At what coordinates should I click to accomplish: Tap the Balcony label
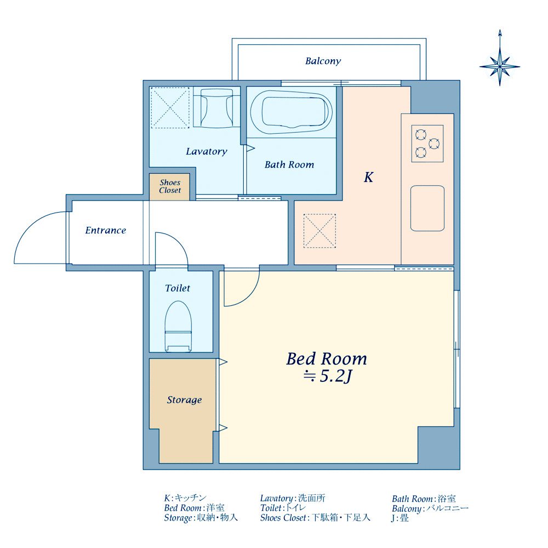click(x=323, y=61)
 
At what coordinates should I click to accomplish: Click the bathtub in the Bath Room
click(x=292, y=112)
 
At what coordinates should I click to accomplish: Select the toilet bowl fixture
click(x=178, y=326)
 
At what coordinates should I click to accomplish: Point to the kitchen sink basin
click(x=427, y=208)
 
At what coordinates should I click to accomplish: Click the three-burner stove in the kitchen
click(x=427, y=143)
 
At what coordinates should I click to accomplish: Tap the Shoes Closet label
click(x=170, y=186)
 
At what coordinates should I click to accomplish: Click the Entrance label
click(x=106, y=230)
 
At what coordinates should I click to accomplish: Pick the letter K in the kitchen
click(x=368, y=177)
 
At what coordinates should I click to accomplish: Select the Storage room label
click(x=184, y=400)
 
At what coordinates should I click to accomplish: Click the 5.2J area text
click(x=328, y=376)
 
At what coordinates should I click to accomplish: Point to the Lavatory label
click(x=207, y=151)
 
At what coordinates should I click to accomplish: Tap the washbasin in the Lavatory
click(x=216, y=107)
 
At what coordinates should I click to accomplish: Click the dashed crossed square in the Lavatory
click(x=170, y=107)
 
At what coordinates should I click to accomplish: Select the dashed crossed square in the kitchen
click(x=319, y=231)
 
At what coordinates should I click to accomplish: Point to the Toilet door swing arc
click(x=179, y=241)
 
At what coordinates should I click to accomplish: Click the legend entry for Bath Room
click(x=424, y=499)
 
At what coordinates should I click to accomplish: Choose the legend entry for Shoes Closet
click(x=315, y=518)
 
